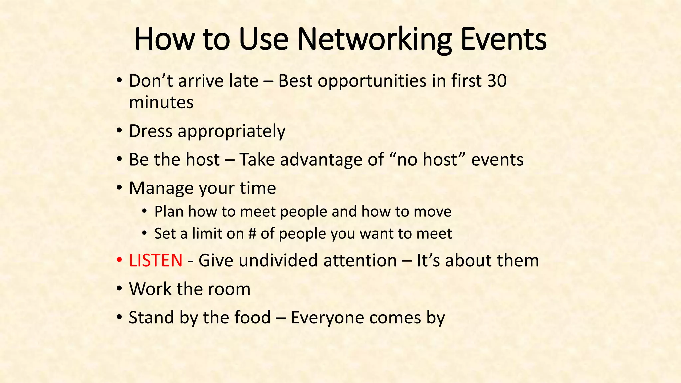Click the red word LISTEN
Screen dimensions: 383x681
[x=156, y=260]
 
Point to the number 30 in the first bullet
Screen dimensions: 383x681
[x=497, y=81]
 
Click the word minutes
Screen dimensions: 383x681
[x=161, y=102]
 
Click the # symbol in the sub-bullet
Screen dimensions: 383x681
[x=252, y=233]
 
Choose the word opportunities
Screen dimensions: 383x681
[x=372, y=81]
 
